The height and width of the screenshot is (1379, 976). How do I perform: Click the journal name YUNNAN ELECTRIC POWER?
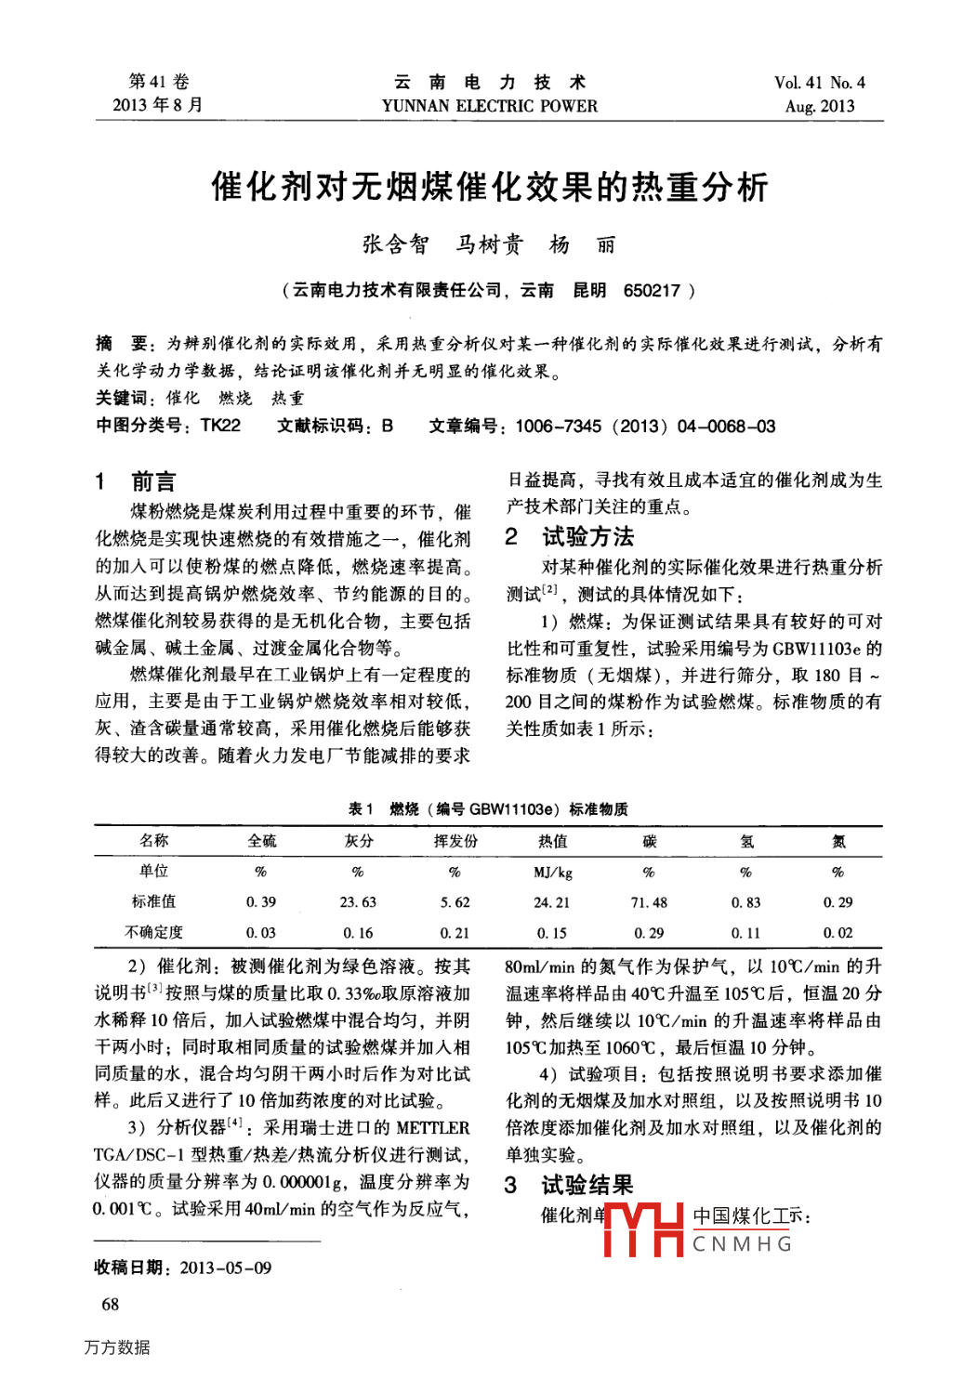[489, 106]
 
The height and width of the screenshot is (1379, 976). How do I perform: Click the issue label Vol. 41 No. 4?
[819, 83]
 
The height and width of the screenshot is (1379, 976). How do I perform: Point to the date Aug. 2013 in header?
[819, 106]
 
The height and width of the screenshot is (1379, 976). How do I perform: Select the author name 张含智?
[396, 244]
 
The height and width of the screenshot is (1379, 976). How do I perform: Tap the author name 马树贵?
[490, 244]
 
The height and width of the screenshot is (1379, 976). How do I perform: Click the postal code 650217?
[652, 291]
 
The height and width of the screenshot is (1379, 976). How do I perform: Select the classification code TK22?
[220, 426]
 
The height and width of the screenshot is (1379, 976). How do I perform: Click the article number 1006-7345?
[558, 427]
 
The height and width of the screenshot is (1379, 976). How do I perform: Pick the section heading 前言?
[153, 481]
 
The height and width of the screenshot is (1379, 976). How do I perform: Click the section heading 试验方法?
[587, 536]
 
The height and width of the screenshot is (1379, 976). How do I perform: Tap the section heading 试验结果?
[587, 1185]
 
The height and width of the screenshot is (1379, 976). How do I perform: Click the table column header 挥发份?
[455, 841]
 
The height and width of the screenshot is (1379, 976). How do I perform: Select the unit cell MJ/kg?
[552, 873]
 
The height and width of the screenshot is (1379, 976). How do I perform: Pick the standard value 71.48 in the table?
[649, 902]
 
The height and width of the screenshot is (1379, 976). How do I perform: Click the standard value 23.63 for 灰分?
[358, 902]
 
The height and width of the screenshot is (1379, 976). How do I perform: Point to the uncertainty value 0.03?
[261, 933]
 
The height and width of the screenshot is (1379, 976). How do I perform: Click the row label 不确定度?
[154, 932]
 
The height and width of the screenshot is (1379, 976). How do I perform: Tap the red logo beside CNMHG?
[643, 1228]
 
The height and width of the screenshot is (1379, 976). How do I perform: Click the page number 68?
[110, 1305]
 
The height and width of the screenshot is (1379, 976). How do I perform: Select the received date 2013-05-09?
[226, 1267]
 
